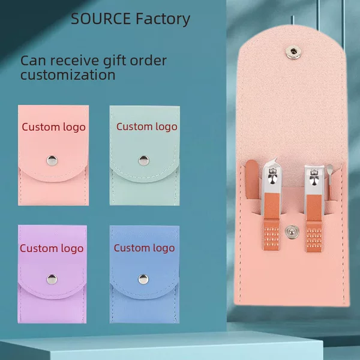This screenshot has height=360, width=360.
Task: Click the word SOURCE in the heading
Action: pyautogui.click(x=101, y=19)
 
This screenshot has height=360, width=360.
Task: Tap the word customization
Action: pyautogui.click(x=68, y=74)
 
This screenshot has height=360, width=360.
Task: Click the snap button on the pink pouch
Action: pyautogui.click(x=52, y=160)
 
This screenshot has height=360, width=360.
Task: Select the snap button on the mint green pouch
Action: pyautogui.click(x=144, y=160)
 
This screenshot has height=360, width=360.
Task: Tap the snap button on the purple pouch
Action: pyautogui.click(x=52, y=279)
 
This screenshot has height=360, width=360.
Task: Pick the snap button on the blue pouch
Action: pyautogui.click(x=143, y=279)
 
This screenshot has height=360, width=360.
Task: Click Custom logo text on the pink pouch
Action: pyautogui.click(x=54, y=128)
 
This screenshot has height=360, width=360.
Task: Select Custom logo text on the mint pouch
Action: pyautogui.click(x=147, y=127)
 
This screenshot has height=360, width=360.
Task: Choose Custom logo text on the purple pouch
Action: pyautogui.click(x=52, y=249)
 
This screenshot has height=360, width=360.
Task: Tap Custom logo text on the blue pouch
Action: pyautogui.click(x=144, y=248)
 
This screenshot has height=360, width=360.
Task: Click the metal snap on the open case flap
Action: pyautogui.click(x=293, y=52)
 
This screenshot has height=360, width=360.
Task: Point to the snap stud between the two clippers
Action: pyautogui.click(x=292, y=232)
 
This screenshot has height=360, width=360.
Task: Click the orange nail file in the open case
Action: pyautogui.click(x=251, y=180)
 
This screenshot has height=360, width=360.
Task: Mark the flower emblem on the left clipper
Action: pyautogui.click(x=272, y=176)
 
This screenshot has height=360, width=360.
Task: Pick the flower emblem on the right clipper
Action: pyautogui.click(x=313, y=177)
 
